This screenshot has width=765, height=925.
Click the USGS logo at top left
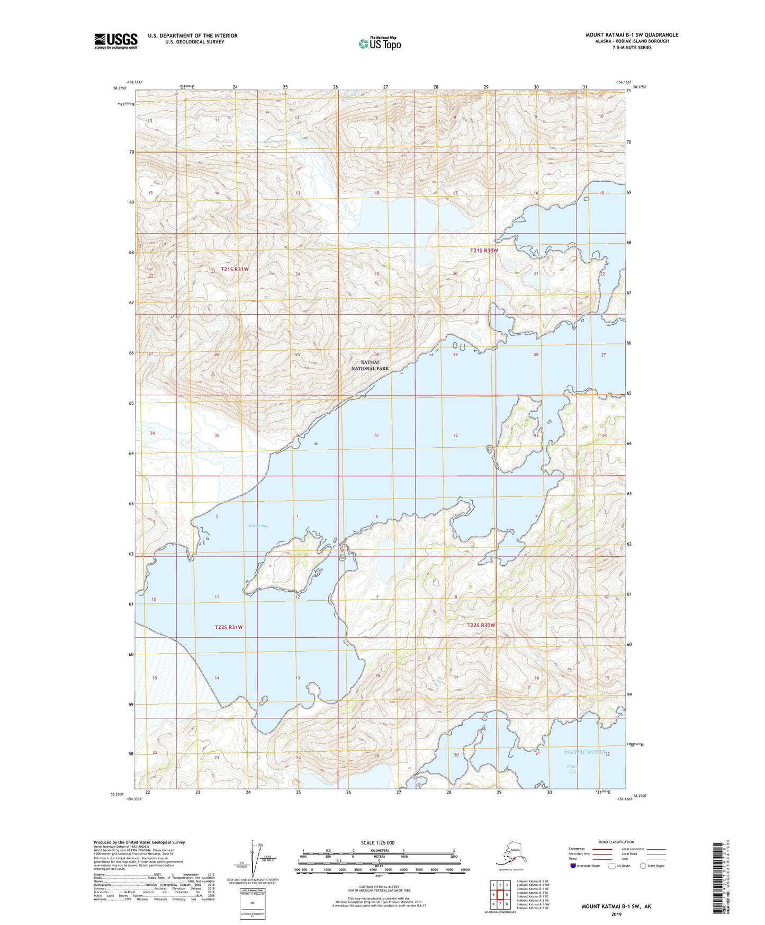[x=115, y=41]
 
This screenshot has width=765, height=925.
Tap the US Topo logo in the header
[x=379, y=43]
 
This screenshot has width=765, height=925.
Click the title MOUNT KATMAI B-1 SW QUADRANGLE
[x=631, y=35]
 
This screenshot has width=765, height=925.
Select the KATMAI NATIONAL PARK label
[x=370, y=365]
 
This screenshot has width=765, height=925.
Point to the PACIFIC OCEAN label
[x=584, y=752]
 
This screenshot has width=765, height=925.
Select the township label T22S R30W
[x=481, y=625]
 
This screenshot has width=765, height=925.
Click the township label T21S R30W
[x=484, y=250]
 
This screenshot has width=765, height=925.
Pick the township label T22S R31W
[x=228, y=627]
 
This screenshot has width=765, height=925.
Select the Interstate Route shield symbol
[x=573, y=866]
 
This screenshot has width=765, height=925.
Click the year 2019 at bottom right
[x=616, y=914]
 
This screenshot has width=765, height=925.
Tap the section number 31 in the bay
[x=376, y=435]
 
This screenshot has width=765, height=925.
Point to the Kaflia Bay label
[x=571, y=769]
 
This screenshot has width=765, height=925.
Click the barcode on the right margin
[x=721, y=879]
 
